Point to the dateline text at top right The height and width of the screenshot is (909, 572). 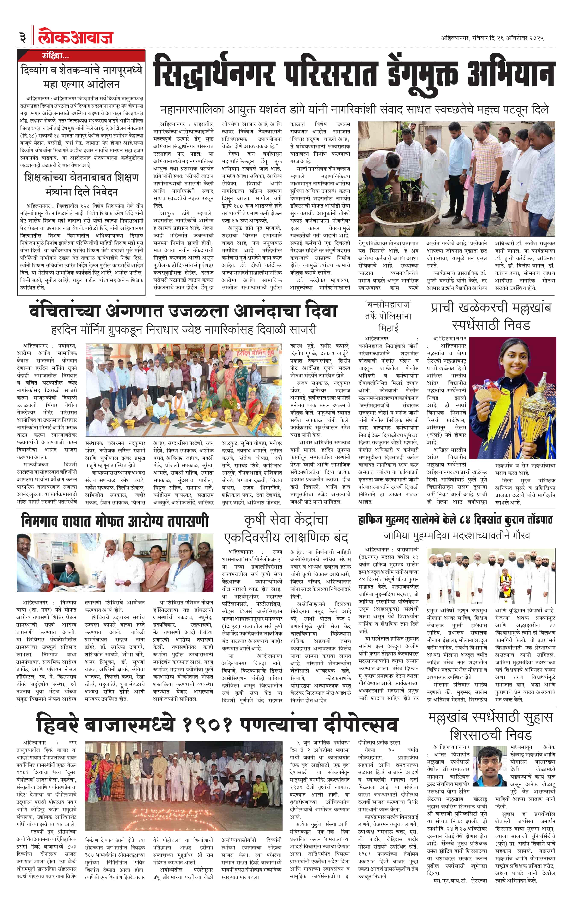click(492, 38)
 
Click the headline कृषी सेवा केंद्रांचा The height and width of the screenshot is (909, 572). click(286, 520)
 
